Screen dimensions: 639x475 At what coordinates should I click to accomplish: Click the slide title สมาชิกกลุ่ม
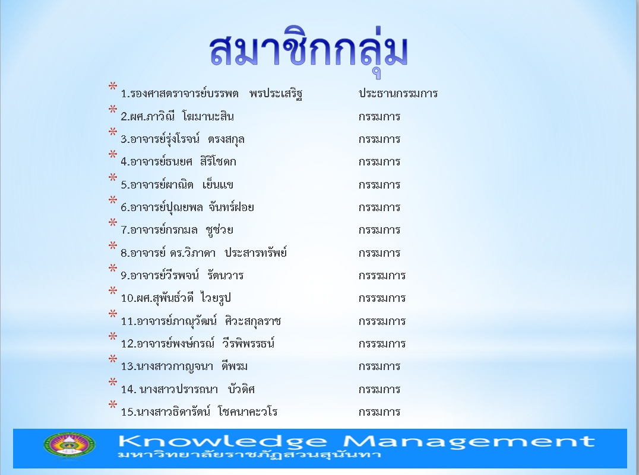click(x=308, y=51)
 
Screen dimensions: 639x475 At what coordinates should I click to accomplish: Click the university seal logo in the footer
click(x=69, y=447)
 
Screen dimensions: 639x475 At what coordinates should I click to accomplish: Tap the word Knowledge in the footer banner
click(x=223, y=441)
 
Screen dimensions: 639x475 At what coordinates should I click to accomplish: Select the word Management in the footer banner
click(x=468, y=441)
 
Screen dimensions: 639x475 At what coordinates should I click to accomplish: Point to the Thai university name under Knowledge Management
click(x=249, y=454)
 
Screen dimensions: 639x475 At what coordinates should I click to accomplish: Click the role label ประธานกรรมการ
click(x=398, y=93)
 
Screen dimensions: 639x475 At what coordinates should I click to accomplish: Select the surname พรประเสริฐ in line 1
click(x=276, y=94)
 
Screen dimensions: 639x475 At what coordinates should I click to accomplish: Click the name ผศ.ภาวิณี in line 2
click(x=147, y=116)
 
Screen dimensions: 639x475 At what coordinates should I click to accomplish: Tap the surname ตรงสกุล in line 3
click(x=226, y=139)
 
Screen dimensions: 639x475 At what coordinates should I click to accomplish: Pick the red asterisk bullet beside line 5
click(x=112, y=177)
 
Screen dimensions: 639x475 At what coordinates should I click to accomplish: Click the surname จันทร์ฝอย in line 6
click(x=231, y=207)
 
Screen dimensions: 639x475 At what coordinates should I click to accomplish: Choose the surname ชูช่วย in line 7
click(x=220, y=230)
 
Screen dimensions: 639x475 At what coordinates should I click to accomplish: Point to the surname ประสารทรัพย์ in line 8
click(x=256, y=253)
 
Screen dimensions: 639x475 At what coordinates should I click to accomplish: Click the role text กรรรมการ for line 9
click(x=382, y=276)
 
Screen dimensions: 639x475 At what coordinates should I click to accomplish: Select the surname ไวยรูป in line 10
click(x=216, y=298)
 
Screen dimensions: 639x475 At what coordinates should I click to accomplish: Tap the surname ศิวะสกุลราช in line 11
click(x=253, y=321)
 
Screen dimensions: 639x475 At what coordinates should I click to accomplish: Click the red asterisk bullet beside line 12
click(x=112, y=336)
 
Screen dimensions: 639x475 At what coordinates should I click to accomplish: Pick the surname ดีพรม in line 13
click(x=235, y=366)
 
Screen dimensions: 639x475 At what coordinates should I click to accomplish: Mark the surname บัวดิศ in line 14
click(x=241, y=389)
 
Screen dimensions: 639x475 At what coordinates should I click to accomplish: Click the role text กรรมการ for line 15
click(x=379, y=412)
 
